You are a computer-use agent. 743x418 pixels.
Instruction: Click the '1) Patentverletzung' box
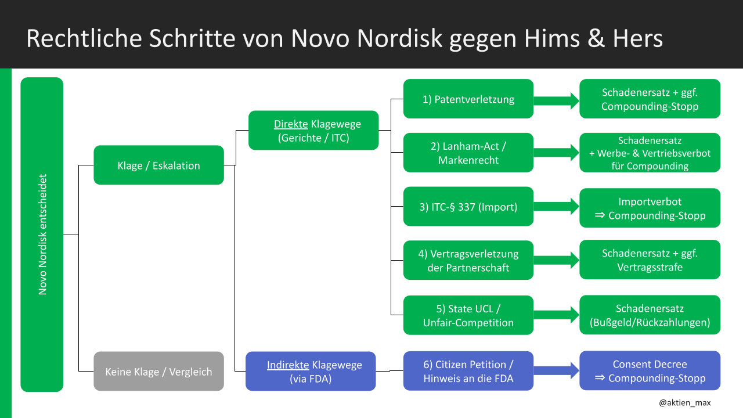pyautogui.click(x=468, y=99)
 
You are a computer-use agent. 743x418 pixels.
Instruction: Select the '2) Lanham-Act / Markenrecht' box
pyautogui.click(x=468, y=153)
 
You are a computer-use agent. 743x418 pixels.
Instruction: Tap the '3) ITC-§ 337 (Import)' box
pyautogui.click(x=468, y=206)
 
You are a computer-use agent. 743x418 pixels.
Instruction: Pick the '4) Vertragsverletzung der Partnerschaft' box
pyautogui.click(x=468, y=260)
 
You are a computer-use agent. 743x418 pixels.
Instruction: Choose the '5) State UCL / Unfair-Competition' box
pyautogui.click(x=468, y=315)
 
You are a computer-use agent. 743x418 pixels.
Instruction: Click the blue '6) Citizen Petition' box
pyautogui.click(x=468, y=372)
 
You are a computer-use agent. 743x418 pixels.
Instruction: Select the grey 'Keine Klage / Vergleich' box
pyautogui.click(x=158, y=371)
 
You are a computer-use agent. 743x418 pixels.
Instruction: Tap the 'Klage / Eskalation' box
pyautogui.click(x=158, y=165)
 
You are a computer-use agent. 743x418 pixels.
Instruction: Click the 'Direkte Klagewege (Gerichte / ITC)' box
pyautogui.click(x=313, y=131)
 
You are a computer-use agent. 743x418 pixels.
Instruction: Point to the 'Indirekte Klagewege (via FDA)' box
pyautogui.click(x=311, y=372)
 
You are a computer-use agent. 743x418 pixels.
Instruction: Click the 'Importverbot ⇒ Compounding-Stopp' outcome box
pyautogui.click(x=650, y=208)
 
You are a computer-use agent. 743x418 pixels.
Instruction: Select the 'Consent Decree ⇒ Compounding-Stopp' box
pyautogui.click(x=650, y=370)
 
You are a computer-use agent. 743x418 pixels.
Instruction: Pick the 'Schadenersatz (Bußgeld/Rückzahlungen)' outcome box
pyautogui.click(x=650, y=315)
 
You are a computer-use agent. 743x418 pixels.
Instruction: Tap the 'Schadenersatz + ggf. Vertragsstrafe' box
pyautogui.click(x=650, y=260)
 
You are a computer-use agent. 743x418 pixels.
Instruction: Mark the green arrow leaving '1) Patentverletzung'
pyautogui.click(x=556, y=100)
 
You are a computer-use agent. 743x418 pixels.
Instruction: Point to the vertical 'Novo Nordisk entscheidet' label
pyautogui.click(x=42, y=235)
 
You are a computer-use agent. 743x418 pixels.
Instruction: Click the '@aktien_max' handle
pyautogui.click(x=684, y=402)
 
